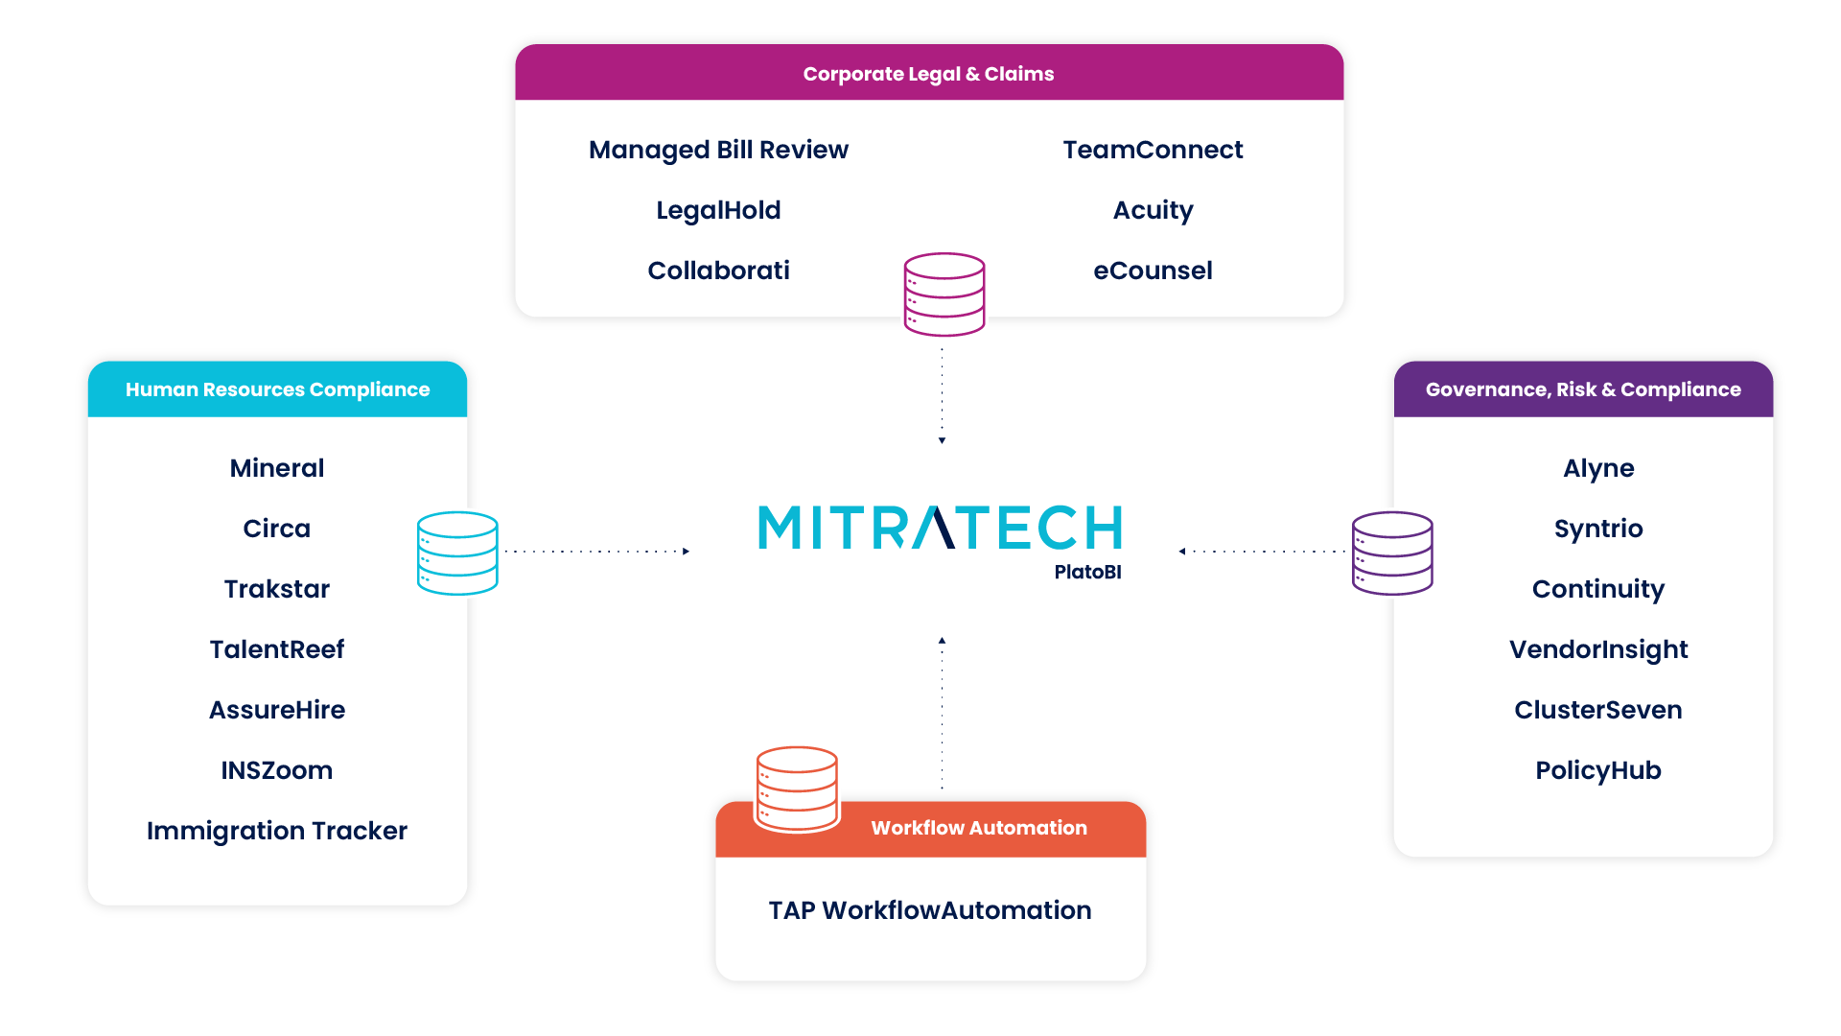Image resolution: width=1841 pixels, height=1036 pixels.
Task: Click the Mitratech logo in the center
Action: [940, 528]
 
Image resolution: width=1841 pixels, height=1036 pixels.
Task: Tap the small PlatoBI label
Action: [1087, 573]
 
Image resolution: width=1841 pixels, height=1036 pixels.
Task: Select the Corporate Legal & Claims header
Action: [928, 74]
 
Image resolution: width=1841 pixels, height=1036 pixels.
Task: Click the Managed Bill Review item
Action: [718, 150]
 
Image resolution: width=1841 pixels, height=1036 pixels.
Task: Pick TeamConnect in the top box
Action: [1153, 150]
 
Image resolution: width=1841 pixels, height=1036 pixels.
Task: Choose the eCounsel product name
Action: [1153, 271]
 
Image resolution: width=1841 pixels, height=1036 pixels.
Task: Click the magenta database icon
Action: [944, 295]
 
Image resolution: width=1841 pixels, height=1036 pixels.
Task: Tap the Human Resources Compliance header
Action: [277, 389]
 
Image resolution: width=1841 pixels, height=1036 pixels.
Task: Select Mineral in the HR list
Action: [277, 468]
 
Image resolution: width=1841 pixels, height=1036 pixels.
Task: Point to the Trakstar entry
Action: [277, 589]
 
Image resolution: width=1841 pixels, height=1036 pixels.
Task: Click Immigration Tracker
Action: [277, 831]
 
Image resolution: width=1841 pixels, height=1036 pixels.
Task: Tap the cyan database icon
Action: [458, 553]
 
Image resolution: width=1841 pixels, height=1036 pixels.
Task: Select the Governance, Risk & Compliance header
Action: [1583, 389]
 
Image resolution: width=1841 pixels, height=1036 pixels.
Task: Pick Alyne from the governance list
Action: [1598, 468]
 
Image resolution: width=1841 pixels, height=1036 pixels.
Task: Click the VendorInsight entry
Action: [1598, 649]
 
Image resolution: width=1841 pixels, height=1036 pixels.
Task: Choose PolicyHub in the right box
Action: [1598, 770]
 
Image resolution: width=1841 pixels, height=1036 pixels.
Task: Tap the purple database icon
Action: [1391, 553]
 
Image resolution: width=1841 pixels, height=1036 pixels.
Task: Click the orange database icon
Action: [797, 788]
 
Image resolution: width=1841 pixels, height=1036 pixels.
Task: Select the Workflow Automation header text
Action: [979, 828]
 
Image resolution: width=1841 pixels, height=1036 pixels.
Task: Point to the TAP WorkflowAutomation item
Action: [930, 910]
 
